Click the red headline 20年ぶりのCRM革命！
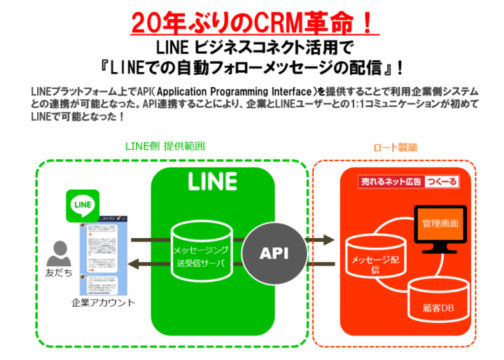[251, 21]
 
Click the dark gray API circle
[275, 252]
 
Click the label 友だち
[59, 272]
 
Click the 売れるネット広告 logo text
[391, 182]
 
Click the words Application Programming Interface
[239, 92]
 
